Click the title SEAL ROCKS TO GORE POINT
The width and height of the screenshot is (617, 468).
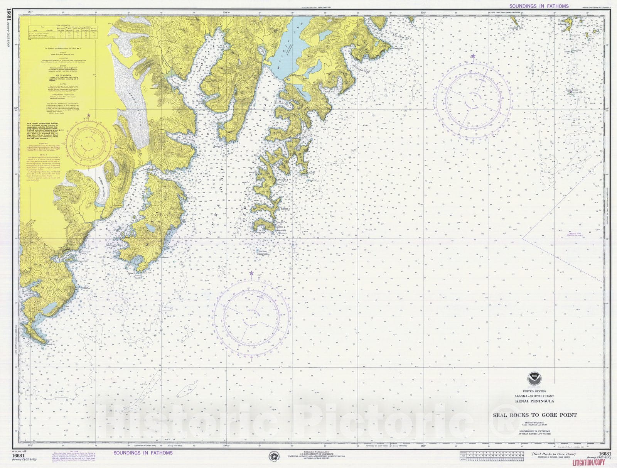(x=534, y=415)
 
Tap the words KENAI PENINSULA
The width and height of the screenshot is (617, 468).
(x=534, y=401)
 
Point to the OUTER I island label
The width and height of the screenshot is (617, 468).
(x=281, y=227)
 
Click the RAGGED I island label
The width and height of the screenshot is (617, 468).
(x=283, y=180)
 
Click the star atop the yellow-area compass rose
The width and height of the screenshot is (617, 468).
(x=89, y=115)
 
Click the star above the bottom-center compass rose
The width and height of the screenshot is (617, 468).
(x=251, y=273)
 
